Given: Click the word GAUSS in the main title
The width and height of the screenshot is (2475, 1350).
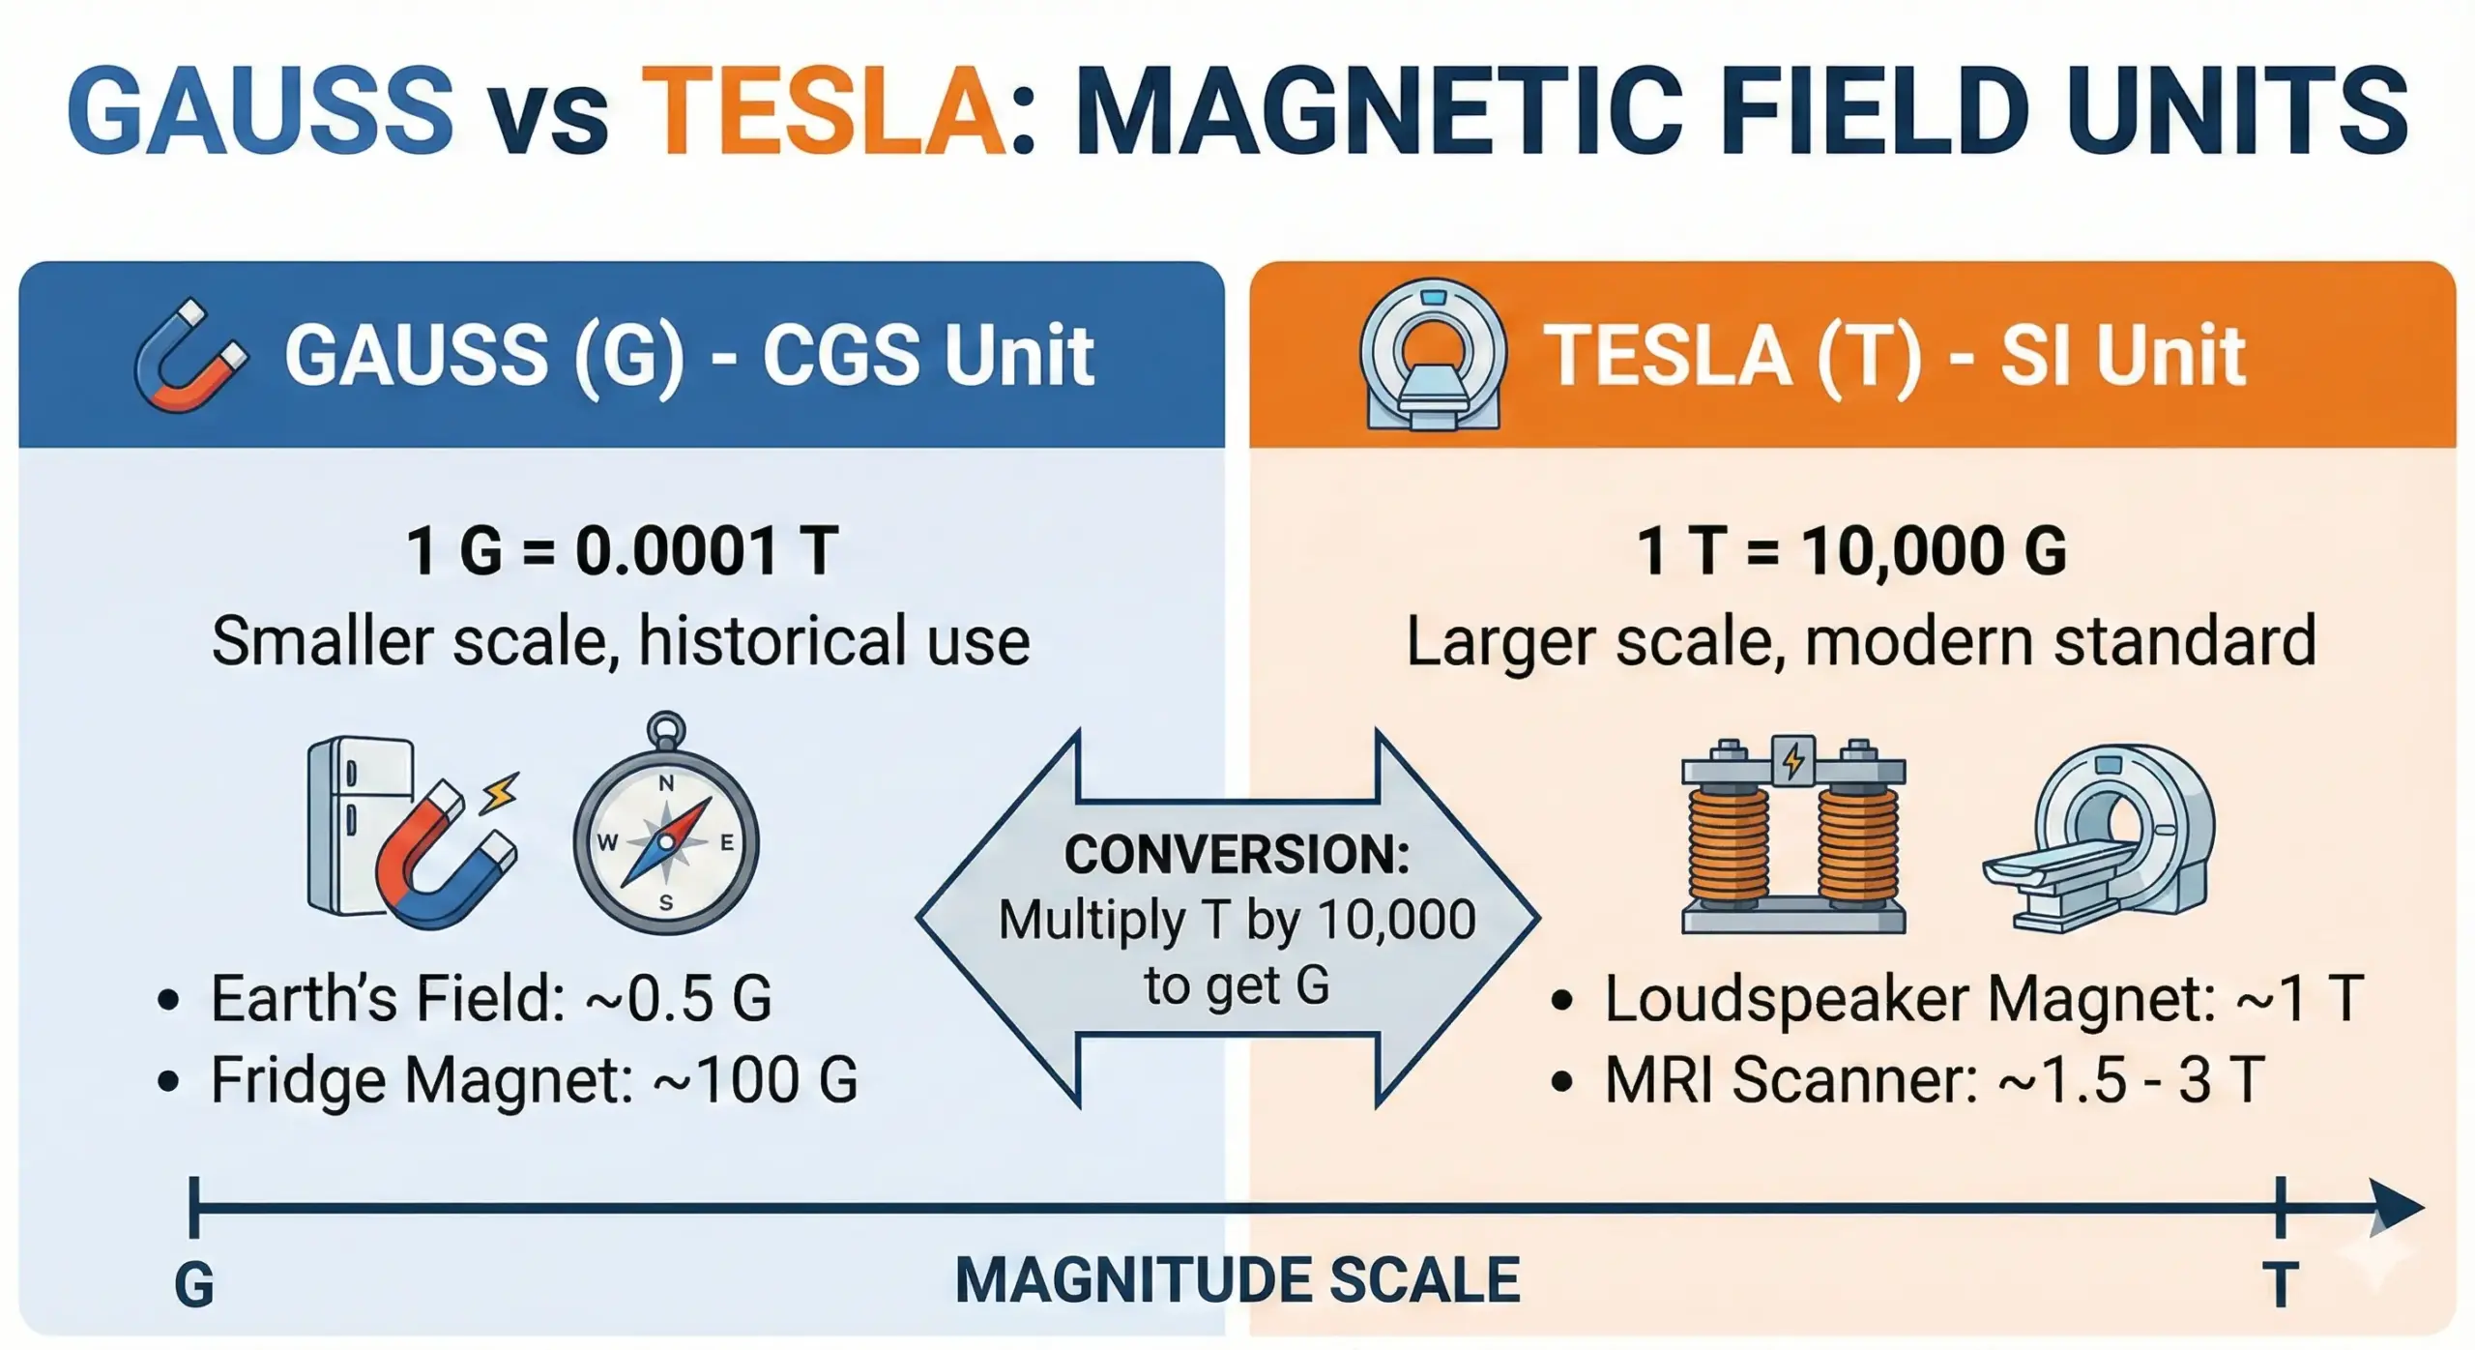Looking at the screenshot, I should pos(259,111).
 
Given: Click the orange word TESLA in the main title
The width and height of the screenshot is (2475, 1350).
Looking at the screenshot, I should pos(825,111).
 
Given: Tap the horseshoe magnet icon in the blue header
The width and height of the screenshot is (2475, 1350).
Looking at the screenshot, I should pos(189,355).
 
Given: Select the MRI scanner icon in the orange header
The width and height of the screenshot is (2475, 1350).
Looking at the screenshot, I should pos(1433,355).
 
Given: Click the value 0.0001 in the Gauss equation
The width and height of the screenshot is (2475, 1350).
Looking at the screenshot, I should pos(677,551).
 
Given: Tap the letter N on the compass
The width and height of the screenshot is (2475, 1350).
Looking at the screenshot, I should pos(666,783).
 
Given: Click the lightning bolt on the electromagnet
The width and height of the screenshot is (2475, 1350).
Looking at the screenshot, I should pos(1793,761).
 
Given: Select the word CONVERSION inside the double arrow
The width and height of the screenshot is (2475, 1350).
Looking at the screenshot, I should pos(1237,855).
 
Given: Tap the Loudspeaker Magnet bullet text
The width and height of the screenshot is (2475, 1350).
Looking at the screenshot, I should pos(1982,998).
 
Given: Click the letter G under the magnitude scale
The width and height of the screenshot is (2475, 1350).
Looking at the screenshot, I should pos(193,1285).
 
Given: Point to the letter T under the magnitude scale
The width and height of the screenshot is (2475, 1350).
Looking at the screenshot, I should pos(2280,1285).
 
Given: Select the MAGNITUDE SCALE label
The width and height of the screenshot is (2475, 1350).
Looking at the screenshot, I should pos(1237,1280).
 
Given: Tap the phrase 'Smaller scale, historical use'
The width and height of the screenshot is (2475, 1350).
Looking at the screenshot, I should pos(621,641).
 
